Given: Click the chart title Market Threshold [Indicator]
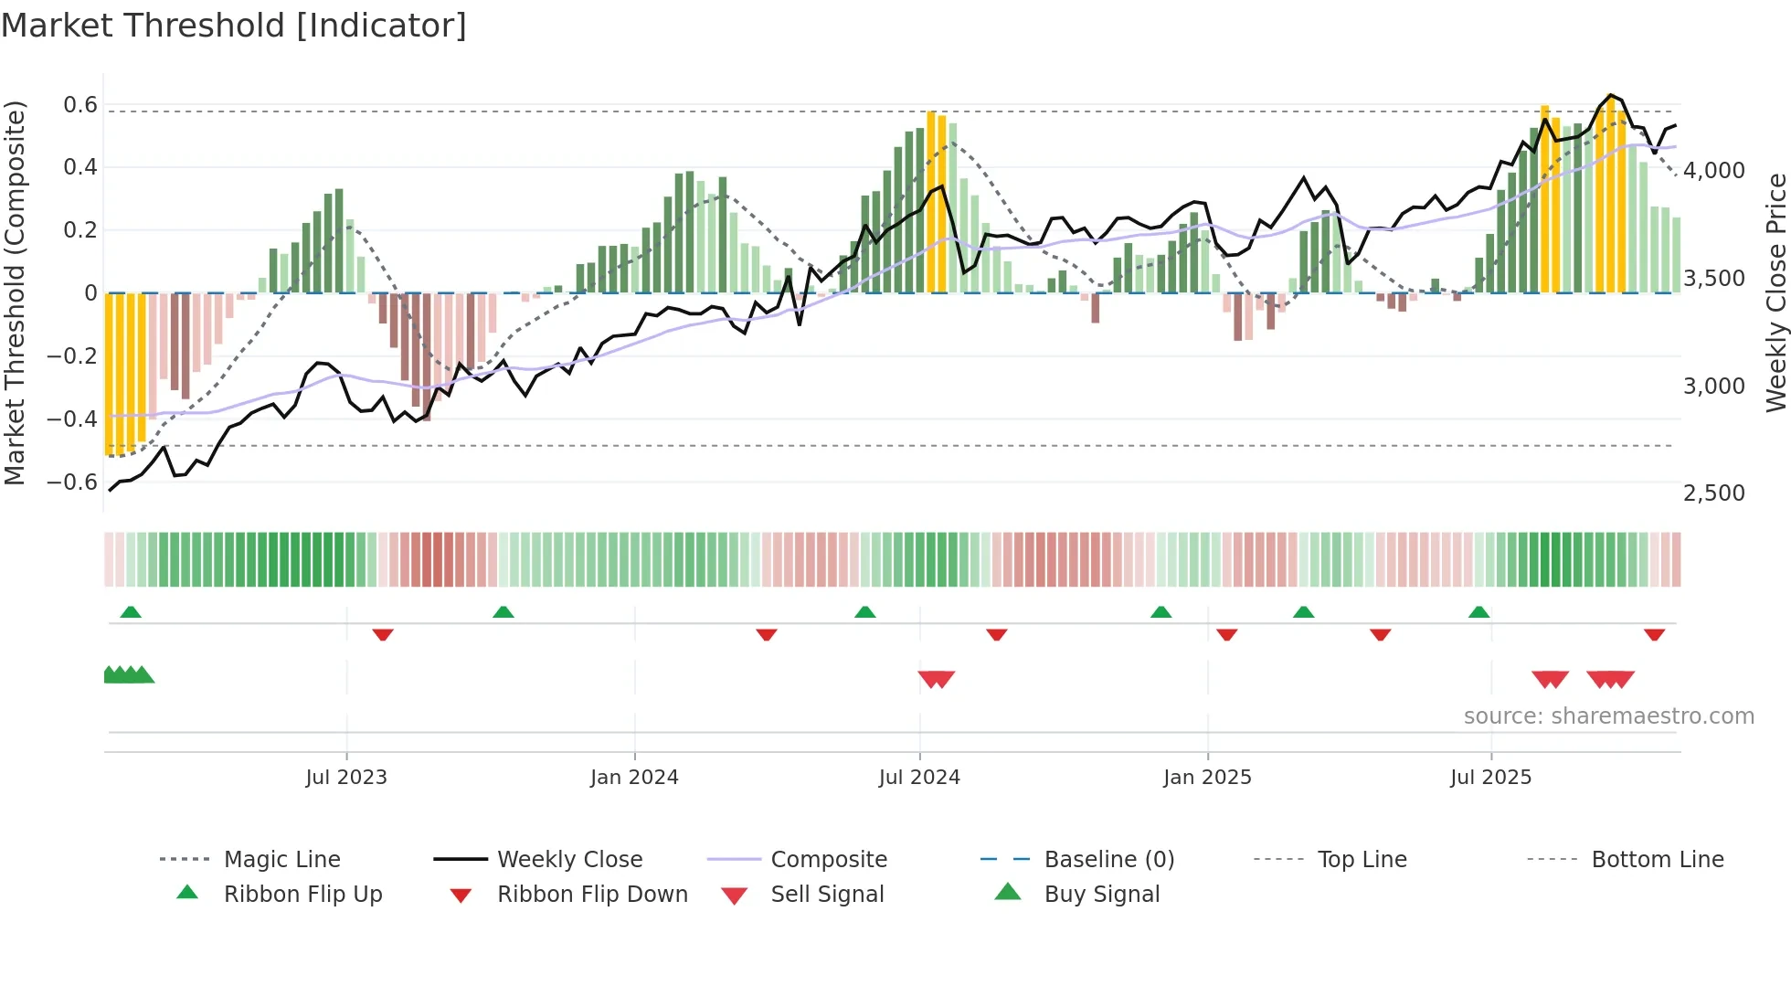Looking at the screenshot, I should point(234,26).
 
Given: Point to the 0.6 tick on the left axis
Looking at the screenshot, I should point(80,105).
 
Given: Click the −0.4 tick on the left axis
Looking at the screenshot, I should point(72,419).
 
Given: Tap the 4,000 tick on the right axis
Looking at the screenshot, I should point(1714,171).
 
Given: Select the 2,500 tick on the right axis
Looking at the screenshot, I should point(1714,493).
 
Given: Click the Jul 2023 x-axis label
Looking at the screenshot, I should point(346,778).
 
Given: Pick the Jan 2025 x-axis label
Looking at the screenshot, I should point(1207,778).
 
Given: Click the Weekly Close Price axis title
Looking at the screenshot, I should point(1775,292).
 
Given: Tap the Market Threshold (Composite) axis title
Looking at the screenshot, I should point(15,292).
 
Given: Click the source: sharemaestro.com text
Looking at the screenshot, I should point(1608,716).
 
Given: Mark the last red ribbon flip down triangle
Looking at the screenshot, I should point(1654,634).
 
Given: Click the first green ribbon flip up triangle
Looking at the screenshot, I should point(131,612).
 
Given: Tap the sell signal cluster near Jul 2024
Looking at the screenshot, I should point(936,679).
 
